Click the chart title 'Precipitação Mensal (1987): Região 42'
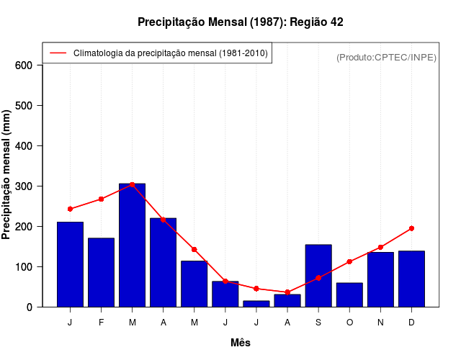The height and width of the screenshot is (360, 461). tap(240, 22)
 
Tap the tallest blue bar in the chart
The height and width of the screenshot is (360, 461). tap(132, 245)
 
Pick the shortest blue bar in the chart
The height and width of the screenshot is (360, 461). tap(256, 303)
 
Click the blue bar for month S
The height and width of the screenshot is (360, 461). tap(318, 276)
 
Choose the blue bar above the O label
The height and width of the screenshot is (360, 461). tap(349, 294)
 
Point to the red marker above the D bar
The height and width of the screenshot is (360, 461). tap(411, 228)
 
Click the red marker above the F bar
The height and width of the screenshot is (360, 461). tap(101, 199)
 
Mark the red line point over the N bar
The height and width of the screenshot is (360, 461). tap(380, 247)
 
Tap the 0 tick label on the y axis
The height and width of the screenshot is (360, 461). tap(30, 307)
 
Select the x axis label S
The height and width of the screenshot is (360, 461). tap(318, 323)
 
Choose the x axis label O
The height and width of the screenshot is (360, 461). tap(349, 323)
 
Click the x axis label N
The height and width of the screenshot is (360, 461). tap(380, 323)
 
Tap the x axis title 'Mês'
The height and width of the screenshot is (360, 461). tap(241, 343)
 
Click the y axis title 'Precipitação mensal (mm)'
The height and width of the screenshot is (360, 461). tap(7, 175)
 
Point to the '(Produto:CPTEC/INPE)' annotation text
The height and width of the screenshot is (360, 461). tap(386, 57)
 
